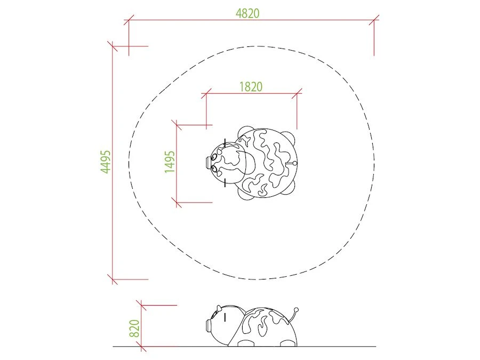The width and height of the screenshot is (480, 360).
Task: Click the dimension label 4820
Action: pos(247,13)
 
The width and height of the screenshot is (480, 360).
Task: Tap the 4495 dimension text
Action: pos(106,162)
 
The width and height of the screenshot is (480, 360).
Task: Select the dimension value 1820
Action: pos(251,87)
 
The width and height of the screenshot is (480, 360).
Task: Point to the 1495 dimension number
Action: pos(170,162)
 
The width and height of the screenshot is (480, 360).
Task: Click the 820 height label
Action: pos(134,328)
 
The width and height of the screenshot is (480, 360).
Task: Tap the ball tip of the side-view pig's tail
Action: pos(296,310)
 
